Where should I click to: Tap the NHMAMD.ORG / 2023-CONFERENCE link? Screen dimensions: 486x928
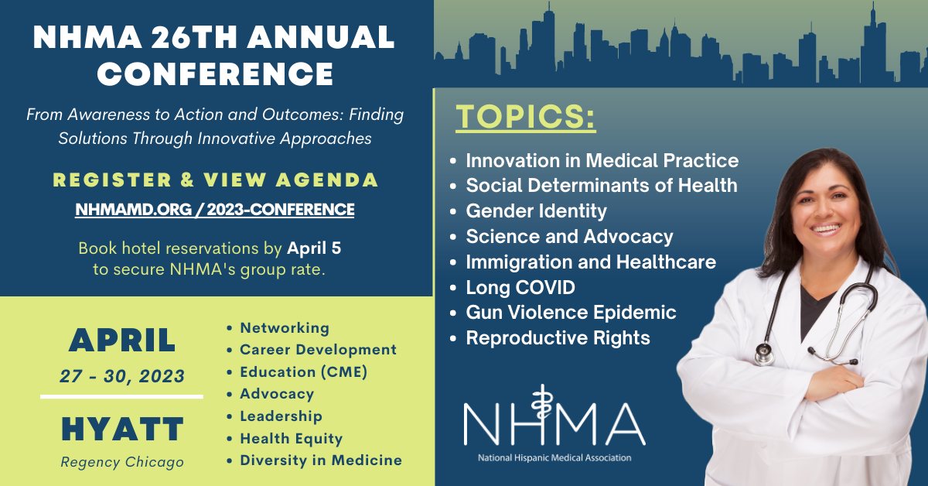(215, 209)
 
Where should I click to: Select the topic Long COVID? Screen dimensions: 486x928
(520, 288)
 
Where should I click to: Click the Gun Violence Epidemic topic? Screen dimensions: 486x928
(571, 313)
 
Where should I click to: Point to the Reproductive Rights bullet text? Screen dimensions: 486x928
(558, 338)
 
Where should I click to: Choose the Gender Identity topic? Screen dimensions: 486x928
(536, 211)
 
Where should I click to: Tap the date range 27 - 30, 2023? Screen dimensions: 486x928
(122, 377)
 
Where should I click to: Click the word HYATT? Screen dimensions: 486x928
(122, 428)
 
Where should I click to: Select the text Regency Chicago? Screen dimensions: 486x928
(122, 462)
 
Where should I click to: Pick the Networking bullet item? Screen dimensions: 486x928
(285, 328)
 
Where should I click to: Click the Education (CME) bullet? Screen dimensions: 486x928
(303, 372)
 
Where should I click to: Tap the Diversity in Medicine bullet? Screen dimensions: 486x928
(321, 460)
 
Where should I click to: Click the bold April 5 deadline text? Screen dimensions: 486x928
(314, 249)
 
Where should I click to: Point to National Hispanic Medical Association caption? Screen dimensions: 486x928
(554, 457)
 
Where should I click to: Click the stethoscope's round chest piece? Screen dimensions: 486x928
(764, 354)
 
